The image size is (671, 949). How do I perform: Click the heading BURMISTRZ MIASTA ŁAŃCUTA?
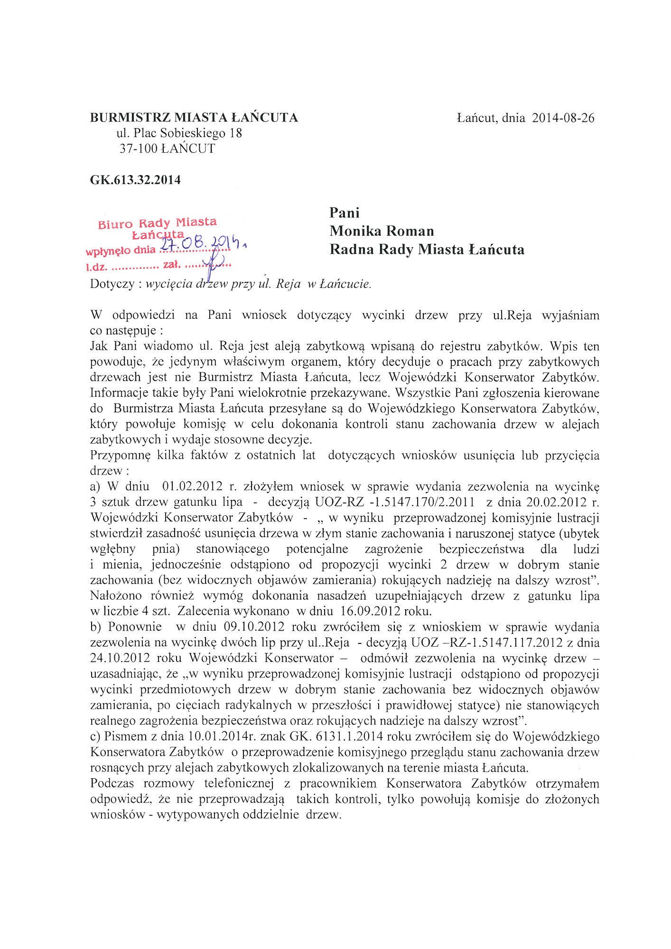coord(194,118)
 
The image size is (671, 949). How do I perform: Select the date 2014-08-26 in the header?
coord(563,118)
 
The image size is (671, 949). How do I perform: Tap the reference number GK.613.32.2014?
coord(135,180)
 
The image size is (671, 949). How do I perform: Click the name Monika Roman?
coord(382,231)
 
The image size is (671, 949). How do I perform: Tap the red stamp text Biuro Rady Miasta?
coord(157,223)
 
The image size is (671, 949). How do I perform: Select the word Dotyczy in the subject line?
coord(112,284)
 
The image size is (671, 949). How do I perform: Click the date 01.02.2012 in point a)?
coord(192,486)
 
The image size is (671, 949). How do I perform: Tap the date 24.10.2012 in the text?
coord(120,658)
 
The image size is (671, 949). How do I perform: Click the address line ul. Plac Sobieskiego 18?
coord(179,133)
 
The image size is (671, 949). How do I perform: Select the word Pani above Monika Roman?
coord(345,213)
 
